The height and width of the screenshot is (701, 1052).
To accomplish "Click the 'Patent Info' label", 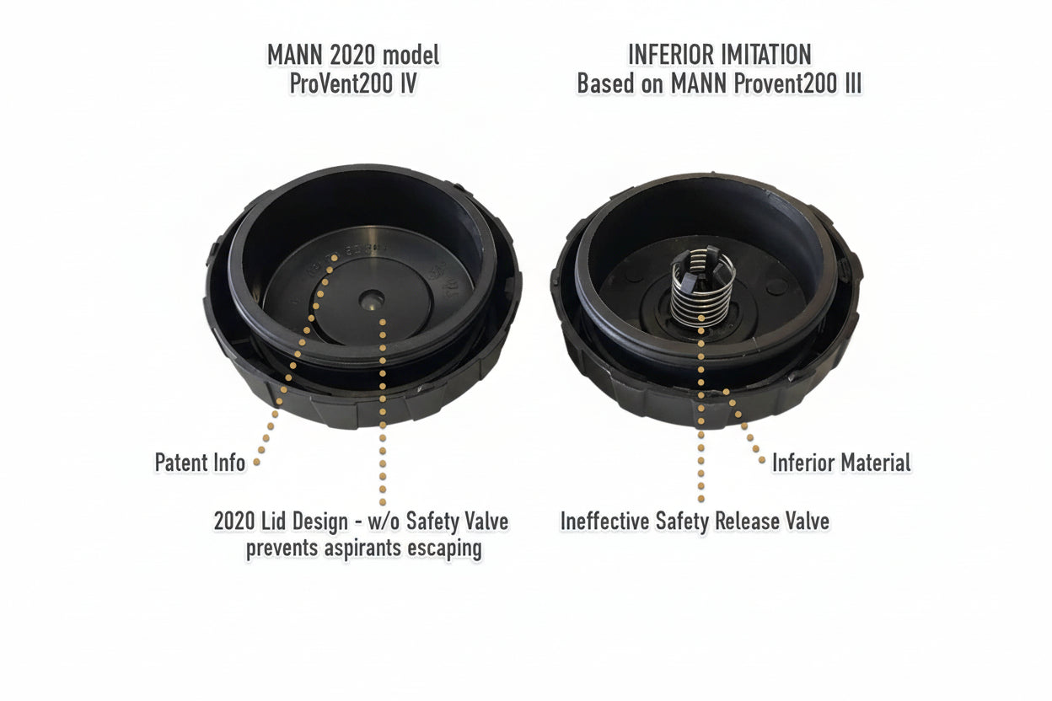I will click(x=200, y=462).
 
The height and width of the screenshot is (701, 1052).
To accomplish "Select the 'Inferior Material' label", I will click(x=840, y=462).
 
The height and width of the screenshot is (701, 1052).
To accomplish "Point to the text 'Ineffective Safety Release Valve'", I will click(x=695, y=521).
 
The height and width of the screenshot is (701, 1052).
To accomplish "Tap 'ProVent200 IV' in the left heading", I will click(x=352, y=84).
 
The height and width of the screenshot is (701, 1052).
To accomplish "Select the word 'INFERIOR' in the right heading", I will click(x=669, y=56).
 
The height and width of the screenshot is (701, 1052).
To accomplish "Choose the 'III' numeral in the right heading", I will click(x=850, y=84).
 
